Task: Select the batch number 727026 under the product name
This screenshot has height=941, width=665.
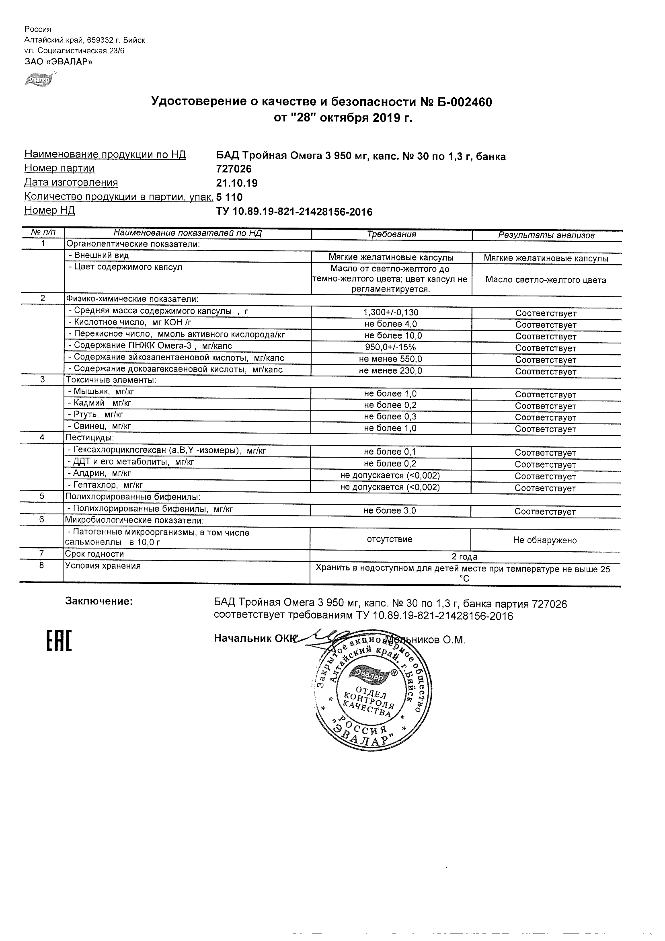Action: [x=234, y=169]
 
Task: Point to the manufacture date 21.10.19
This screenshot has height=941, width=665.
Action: [x=237, y=183]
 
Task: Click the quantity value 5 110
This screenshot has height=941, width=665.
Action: [x=230, y=197]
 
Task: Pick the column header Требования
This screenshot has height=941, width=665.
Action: [x=391, y=234]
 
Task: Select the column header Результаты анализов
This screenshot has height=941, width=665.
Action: [x=546, y=235]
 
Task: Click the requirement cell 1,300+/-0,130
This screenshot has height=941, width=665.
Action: [x=391, y=312]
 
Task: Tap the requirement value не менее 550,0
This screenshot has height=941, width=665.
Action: [x=390, y=360]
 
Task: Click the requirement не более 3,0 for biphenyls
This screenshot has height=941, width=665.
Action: [x=390, y=511]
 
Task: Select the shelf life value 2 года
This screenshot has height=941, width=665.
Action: [x=464, y=557]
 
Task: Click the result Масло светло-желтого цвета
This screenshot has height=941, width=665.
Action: [x=546, y=280]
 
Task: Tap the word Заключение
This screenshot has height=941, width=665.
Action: [x=99, y=601]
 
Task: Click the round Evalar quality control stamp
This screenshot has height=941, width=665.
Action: [x=371, y=692]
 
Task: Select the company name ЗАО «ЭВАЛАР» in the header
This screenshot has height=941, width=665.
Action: [x=58, y=62]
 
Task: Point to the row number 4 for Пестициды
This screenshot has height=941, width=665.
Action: [x=42, y=437]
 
